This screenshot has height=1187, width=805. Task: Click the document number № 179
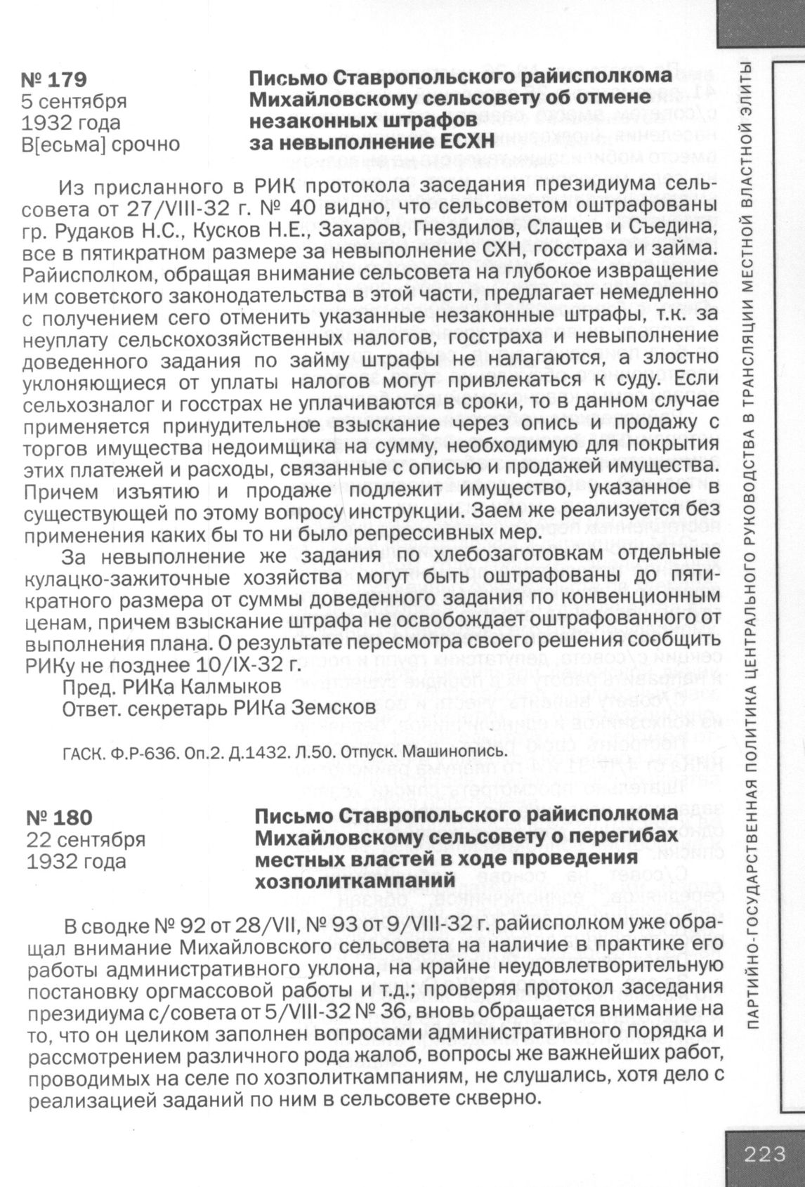click(56, 79)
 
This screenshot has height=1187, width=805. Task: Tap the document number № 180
click(59, 818)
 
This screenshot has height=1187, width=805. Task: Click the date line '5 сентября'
click(74, 101)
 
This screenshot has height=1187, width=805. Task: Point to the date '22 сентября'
click(86, 839)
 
